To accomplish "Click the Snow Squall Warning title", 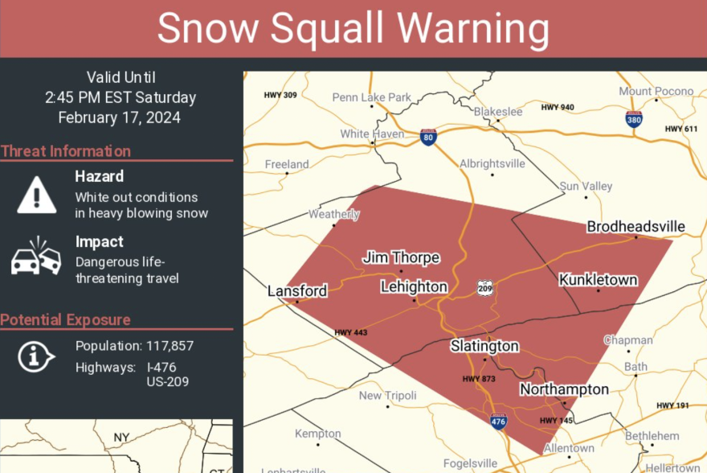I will [353, 29].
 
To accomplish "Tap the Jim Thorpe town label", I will [401, 257].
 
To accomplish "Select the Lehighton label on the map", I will [414, 287].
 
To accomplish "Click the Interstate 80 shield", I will [428, 137].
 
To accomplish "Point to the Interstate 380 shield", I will [634, 119].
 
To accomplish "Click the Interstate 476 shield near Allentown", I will [499, 421].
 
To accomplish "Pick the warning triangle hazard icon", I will [37, 194].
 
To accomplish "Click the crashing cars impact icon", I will [36, 257].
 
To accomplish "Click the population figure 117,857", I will [170, 346].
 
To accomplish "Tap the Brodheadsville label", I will [635, 227].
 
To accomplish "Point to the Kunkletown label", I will [598, 280].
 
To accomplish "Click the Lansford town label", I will [297, 290].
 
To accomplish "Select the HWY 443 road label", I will [352, 332].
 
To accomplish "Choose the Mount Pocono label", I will [656, 91].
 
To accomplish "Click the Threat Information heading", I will [66, 151].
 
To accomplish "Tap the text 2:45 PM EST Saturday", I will [121, 98].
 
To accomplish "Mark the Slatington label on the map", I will [484, 346].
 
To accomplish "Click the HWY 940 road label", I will [558, 107].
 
